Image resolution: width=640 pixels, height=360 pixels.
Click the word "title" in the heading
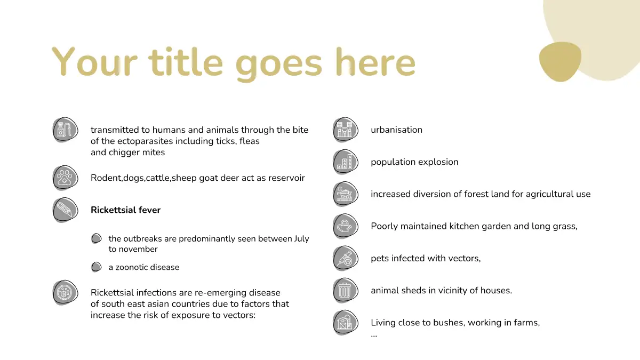point(186,62)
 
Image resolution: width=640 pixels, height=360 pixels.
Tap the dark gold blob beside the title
point(561,61)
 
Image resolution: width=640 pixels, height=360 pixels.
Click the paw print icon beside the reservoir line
point(65,178)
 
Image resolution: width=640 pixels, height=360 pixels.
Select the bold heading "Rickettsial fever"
point(125,210)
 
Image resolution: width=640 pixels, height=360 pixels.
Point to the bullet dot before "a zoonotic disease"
point(97,267)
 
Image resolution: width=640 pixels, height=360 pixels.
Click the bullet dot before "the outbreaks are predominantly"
point(97,238)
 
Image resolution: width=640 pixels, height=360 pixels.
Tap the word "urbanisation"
point(396,130)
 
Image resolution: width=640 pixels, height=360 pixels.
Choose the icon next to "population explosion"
point(346,162)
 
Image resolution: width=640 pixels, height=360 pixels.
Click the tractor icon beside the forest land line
point(346,194)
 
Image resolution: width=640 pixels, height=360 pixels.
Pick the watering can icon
point(346,226)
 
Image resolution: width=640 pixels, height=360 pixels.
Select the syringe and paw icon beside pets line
point(346,258)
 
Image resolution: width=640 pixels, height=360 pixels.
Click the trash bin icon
point(346,290)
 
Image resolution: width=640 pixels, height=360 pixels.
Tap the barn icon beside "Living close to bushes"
point(346,323)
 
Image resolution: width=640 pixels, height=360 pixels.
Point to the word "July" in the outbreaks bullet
point(301,239)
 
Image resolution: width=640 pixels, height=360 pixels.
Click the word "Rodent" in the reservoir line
point(106,178)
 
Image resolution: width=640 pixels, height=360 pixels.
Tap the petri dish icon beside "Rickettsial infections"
point(65,293)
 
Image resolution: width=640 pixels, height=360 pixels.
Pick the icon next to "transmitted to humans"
point(65,130)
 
